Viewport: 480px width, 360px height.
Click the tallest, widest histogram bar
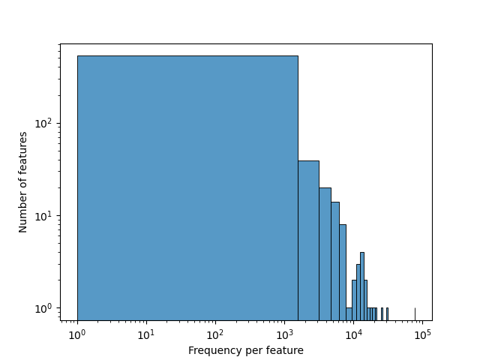pos(187,187)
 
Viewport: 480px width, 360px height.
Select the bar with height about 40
pos(308,240)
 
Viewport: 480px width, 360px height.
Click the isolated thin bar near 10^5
pos(415,313)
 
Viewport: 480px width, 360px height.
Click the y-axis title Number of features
pos(23,182)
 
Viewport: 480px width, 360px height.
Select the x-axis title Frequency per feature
pos(246,350)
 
